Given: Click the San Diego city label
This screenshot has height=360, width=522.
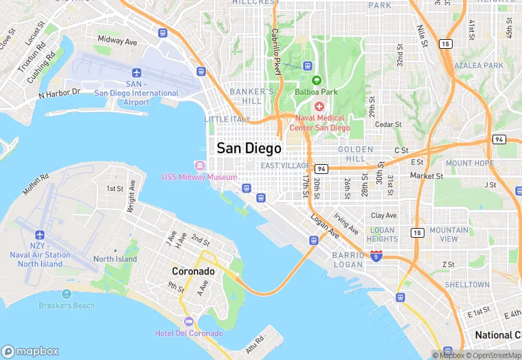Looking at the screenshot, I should pyautogui.click(x=249, y=148).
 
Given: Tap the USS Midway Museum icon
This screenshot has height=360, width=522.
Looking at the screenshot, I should pyautogui.click(x=200, y=166).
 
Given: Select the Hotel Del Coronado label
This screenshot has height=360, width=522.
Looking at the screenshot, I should pyautogui.click(x=189, y=333).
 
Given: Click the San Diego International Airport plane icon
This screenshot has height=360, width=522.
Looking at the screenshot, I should pyautogui.click(x=136, y=73).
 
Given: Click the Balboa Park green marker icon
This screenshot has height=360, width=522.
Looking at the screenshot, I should pyautogui.click(x=317, y=80).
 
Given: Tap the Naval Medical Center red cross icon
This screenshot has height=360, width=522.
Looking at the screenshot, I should pyautogui.click(x=319, y=106).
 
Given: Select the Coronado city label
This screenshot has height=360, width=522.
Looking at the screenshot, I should pyautogui.click(x=193, y=271).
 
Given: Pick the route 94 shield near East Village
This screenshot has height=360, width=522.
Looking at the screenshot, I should pyautogui.click(x=321, y=168).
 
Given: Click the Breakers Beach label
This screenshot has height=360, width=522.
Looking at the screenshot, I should pyautogui.click(x=67, y=305).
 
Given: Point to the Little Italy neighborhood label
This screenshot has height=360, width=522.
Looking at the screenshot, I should pyautogui.click(x=228, y=119).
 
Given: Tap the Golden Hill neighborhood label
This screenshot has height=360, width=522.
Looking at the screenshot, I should pyautogui.click(x=355, y=154).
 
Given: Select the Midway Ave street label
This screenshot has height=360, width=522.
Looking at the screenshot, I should pyautogui.click(x=117, y=41).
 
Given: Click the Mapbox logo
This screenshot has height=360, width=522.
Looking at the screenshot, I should pyautogui.click(x=30, y=350).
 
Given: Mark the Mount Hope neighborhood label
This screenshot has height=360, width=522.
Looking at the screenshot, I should pyautogui.click(x=469, y=164).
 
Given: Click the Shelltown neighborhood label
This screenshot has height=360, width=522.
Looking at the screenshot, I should pyautogui.click(x=467, y=284).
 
